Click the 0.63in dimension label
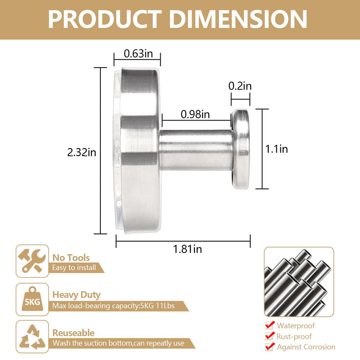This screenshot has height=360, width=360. (138, 54)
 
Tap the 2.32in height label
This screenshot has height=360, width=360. (82, 153)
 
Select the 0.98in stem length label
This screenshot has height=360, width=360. (195, 114)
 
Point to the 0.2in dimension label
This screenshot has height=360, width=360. (240, 86)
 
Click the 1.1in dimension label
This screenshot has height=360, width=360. (276, 149)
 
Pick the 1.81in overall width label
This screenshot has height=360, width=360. (187, 249)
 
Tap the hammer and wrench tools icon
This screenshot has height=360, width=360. (32, 261)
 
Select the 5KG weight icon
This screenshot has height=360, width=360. (32, 299)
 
